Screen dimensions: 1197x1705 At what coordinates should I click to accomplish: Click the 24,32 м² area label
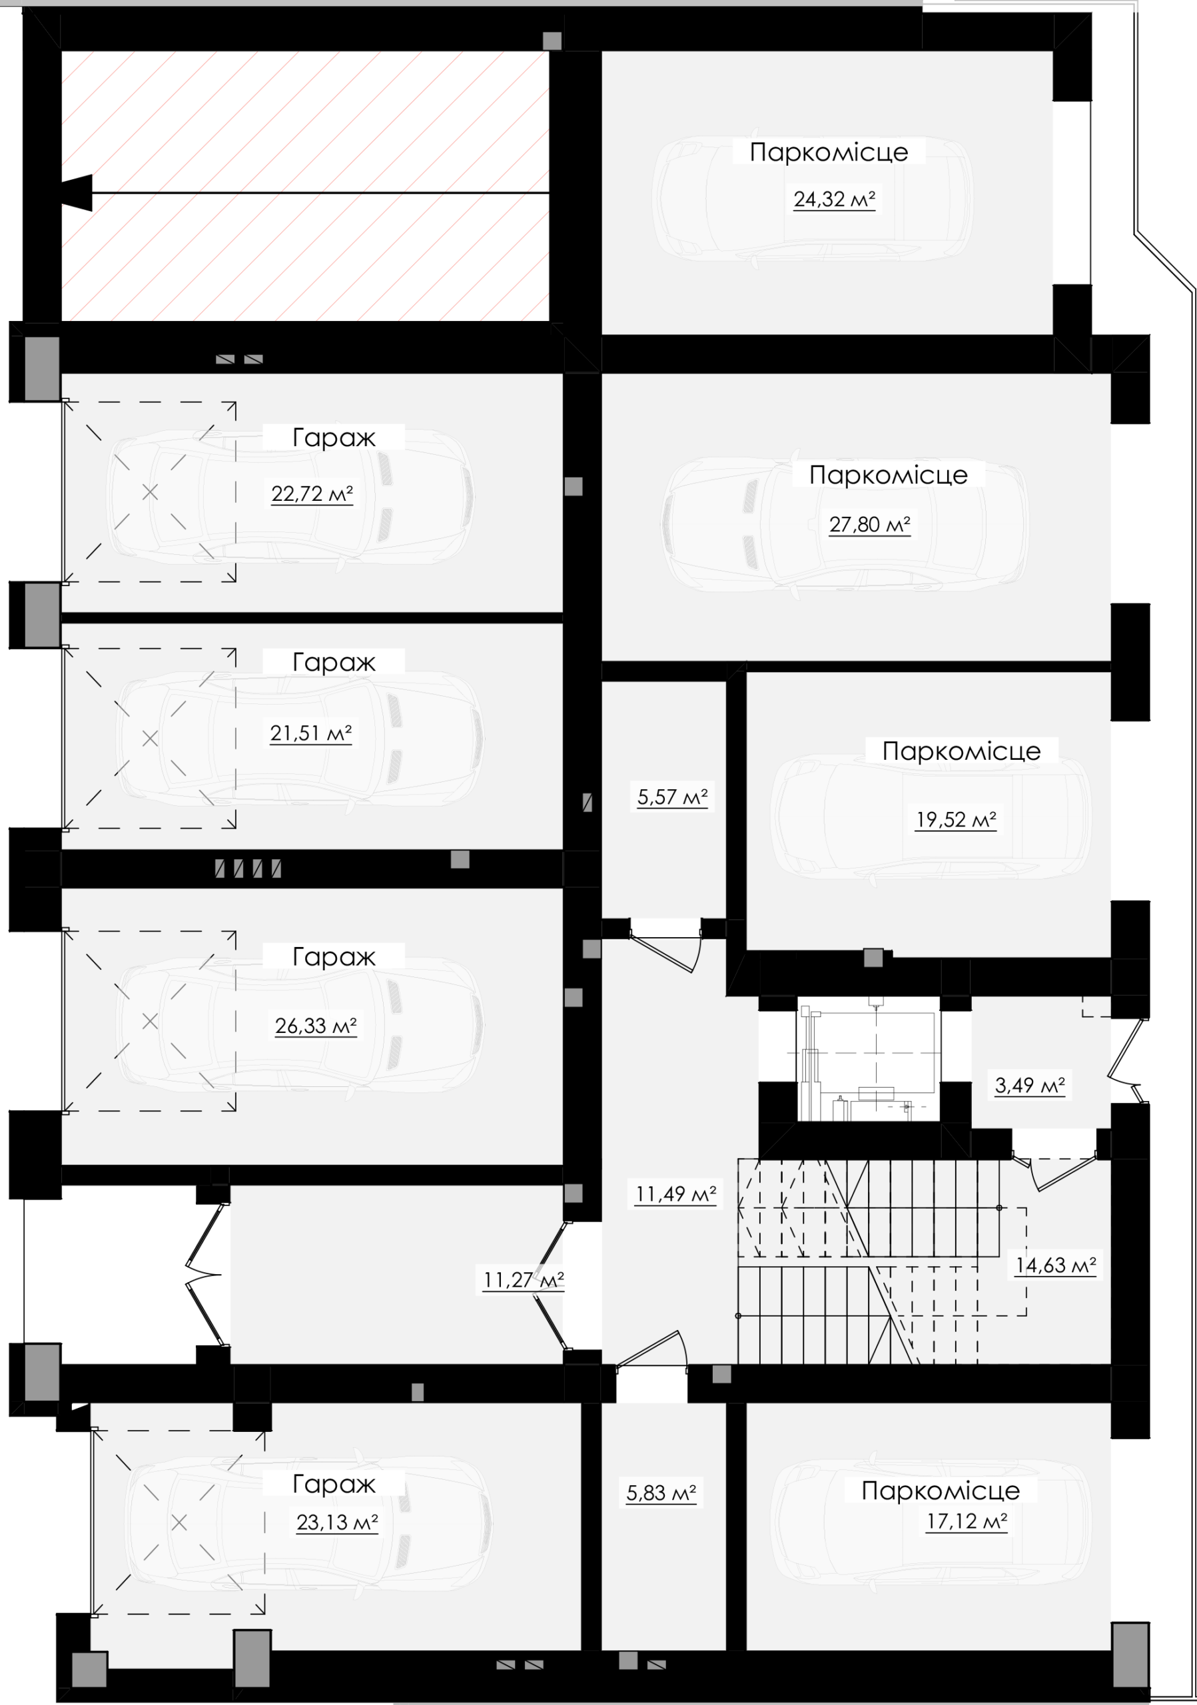coord(834,199)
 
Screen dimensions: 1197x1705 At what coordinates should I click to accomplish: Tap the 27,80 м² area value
coord(869,525)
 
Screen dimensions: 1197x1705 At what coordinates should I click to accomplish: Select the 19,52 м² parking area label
coord(956,820)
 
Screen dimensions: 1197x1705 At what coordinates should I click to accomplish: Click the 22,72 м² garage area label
coord(312,494)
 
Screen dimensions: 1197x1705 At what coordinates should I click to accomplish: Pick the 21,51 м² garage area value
coord(310,734)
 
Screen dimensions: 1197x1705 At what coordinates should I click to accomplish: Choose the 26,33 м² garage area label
coord(316,1026)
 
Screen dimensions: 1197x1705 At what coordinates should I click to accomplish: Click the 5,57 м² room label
coord(673,797)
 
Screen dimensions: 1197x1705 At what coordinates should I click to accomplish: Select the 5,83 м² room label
coord(661,1493)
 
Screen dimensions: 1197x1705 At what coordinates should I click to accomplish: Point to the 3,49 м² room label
coord(1030,1086)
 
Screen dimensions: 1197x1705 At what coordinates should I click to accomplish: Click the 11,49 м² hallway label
coord(675,1195)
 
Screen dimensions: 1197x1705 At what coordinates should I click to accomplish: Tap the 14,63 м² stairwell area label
coord(1056,1265)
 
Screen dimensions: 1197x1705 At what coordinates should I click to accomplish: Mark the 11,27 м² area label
coord(524,1280)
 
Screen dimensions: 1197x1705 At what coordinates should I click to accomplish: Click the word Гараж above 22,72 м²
coord(334,438)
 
